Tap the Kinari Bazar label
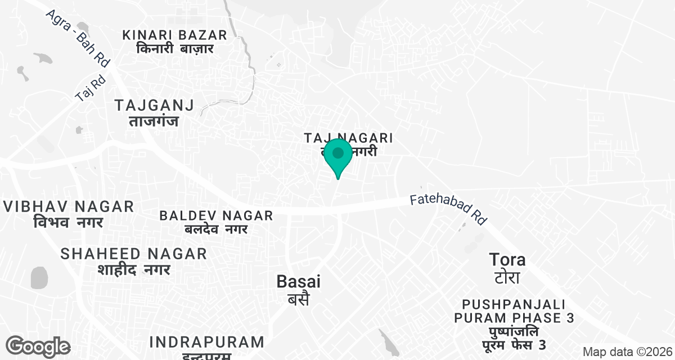pos(175,35)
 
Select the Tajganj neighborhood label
pos(154,105)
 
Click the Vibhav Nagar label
pos(69,206)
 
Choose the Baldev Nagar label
pos(216,215)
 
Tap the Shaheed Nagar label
pos(133,254)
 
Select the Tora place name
pos(507,260)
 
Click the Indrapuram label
pos(207,342)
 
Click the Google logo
pos(38,346)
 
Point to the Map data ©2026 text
pos(627,352)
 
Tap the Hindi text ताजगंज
pos(154,120)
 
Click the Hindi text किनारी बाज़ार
pos(175,49)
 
